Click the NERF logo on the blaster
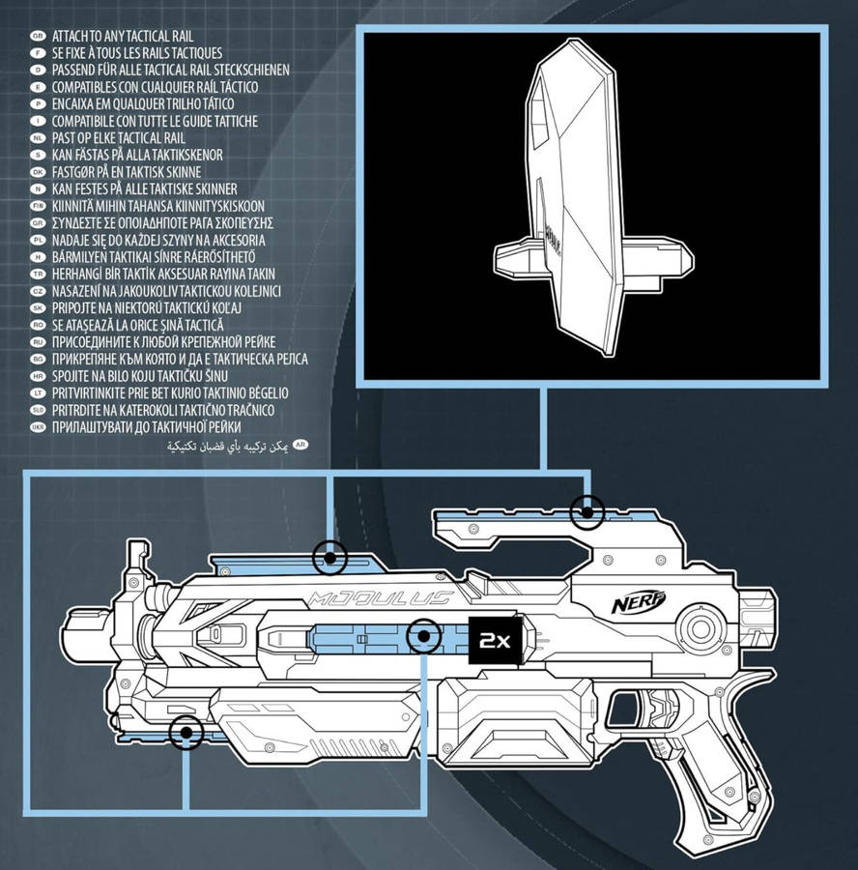(639, 604)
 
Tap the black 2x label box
(493, 639)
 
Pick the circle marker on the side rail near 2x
(423, 637)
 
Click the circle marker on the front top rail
(330, 557)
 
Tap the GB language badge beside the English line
(39, 36)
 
